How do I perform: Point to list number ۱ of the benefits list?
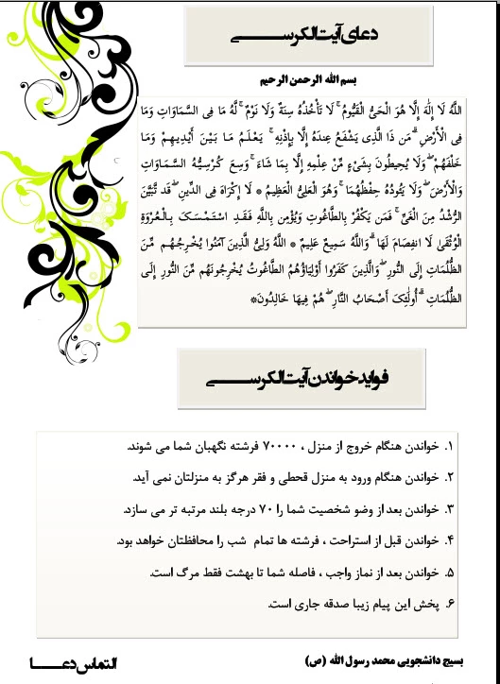click(448, 443)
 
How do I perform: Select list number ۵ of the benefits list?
click(448, 573)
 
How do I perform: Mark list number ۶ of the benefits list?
click(448, 604)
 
